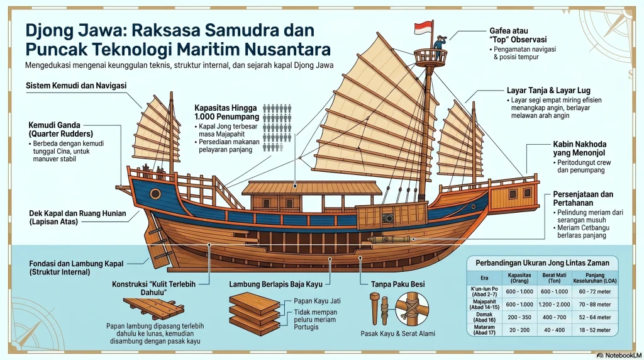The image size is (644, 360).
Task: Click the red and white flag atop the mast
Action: [423, 28]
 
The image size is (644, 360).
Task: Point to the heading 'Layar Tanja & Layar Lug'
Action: [548, 91]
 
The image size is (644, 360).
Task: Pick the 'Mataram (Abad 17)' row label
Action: [482, 329]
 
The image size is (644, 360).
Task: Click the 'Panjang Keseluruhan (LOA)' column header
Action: [594, 279]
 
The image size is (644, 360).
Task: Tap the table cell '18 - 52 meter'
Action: [594, 329]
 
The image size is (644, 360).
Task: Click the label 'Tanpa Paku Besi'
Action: [397, 284]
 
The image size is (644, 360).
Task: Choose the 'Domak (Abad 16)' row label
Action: [482, 317]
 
